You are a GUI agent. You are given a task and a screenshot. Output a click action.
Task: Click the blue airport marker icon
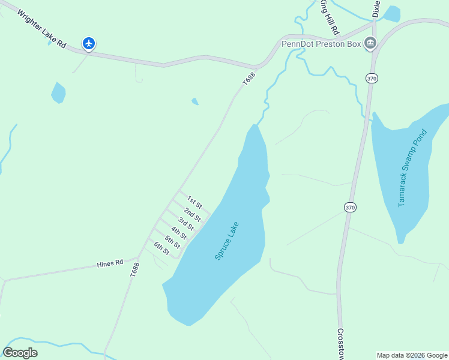coord(89,43)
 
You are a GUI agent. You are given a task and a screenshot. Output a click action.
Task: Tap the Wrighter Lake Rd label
coord(41,29)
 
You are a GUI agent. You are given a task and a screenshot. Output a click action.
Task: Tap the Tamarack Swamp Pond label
coord(414,168)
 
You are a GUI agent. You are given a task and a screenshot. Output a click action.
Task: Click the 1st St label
coord(194,202)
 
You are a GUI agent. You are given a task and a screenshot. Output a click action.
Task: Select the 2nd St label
coord(192,214)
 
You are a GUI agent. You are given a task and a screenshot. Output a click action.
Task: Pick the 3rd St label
coord(185,224)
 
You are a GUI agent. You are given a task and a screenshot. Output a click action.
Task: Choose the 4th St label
coord(179,233)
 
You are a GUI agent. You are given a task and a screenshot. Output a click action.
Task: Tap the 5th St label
coord(173,242)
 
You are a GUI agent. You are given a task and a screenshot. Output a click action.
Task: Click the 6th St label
coord(161,248)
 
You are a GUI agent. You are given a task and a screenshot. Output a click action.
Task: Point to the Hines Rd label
coord(110,263)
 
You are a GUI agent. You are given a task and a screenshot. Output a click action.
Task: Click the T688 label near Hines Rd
coord(134,269)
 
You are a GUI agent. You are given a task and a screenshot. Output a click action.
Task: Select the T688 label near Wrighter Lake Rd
coord(249,79)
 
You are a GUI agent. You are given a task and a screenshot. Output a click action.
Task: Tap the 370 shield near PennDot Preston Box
coord(372,79)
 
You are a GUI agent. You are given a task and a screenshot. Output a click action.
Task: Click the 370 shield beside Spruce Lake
coord(351,207)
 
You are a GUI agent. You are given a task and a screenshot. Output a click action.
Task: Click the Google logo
coord(20,353)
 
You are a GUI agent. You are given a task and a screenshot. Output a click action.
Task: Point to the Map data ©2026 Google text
coord(412,355)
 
